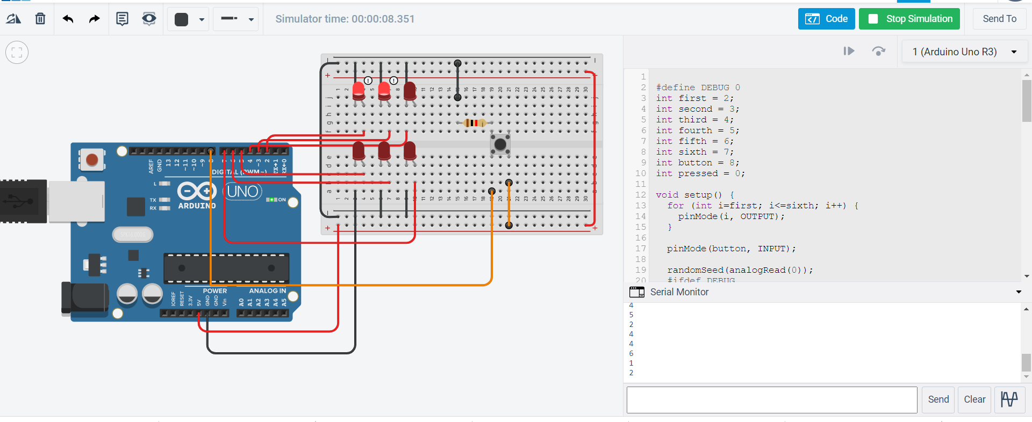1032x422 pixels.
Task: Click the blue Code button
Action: point(826,19)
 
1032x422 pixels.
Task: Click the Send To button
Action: point(999,19)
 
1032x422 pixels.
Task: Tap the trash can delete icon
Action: point(40,19)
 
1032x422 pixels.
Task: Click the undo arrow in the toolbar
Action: point(68,19)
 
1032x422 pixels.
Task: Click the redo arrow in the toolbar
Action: point(94,19)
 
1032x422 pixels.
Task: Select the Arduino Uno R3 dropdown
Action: point(964,52)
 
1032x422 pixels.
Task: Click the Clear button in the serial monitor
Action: point(974,399)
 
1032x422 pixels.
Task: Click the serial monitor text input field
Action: point(772,399)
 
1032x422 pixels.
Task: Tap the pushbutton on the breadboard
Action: point(500,144)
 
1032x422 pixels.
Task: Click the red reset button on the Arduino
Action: point(92,159)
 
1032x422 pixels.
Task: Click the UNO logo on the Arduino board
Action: point(242,191)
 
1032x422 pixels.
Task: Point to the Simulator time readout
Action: point(345,19)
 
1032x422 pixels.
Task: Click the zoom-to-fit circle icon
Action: point(17,53)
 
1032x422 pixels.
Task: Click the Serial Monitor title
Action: point(679,292)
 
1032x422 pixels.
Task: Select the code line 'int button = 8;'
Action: point(697,163)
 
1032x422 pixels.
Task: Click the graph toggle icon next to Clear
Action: point(1009,399)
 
